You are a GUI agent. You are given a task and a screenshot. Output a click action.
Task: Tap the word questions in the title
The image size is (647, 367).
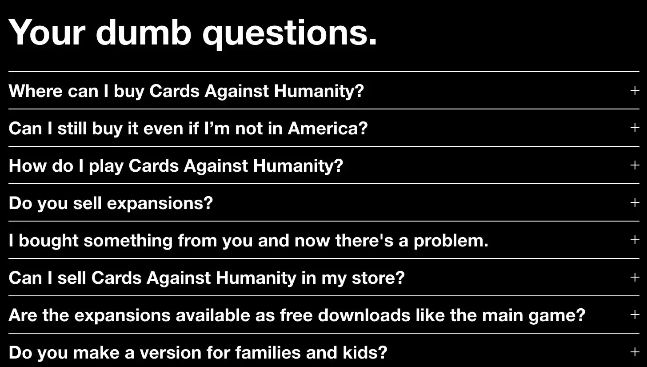point(290,32)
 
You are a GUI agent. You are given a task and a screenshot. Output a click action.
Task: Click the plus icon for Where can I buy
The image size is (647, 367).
point(635,90)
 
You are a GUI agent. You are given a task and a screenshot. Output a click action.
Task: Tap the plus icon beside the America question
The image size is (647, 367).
point(635,128)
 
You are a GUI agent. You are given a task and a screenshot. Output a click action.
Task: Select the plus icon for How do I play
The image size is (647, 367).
point(635,165)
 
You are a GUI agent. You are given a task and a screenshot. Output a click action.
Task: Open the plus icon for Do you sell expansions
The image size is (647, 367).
point(635,202)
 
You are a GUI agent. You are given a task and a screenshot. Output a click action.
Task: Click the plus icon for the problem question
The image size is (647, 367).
point(635,240)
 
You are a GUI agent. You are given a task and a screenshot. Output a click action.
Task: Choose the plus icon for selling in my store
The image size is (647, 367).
point(635,277)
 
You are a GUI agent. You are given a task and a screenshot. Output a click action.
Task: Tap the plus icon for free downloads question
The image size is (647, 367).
point(635,315)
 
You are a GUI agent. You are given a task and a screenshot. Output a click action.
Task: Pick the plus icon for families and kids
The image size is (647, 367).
point(635,352)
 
